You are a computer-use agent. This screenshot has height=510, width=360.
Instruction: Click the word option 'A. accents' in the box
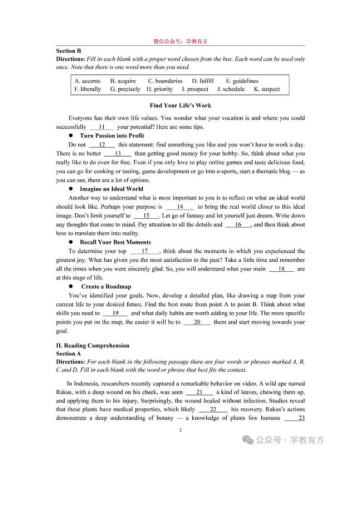click(87, 81)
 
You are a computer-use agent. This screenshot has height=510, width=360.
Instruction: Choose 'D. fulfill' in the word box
click(203, 81)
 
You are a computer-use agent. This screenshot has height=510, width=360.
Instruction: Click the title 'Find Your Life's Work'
click(180, 106)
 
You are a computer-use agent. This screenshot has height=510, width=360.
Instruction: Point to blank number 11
click(102, 127)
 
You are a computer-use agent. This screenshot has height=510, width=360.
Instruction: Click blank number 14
click(180, 206)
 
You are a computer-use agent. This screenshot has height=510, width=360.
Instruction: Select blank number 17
click(145, 251)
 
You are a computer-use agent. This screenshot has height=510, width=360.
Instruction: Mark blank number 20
click(197, 322)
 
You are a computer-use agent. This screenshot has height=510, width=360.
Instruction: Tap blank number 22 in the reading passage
click(213, 409)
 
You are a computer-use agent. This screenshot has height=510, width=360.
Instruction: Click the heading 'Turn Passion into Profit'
click(112, 136)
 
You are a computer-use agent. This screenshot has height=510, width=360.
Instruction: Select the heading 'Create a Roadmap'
click(106, 286)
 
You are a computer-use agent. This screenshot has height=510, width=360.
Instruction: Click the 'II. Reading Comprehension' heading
click(92, 345)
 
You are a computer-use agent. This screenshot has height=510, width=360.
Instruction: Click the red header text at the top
click(180, 41)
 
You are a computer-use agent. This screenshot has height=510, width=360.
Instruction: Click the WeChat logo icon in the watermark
click(248, 440)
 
